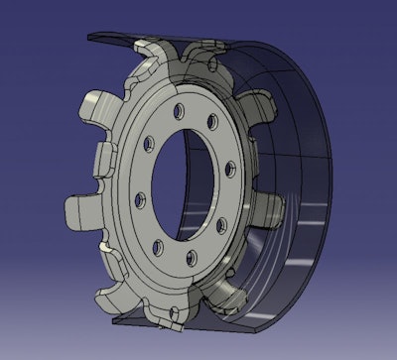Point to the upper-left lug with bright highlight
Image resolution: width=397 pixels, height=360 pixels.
tap(97, 104)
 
